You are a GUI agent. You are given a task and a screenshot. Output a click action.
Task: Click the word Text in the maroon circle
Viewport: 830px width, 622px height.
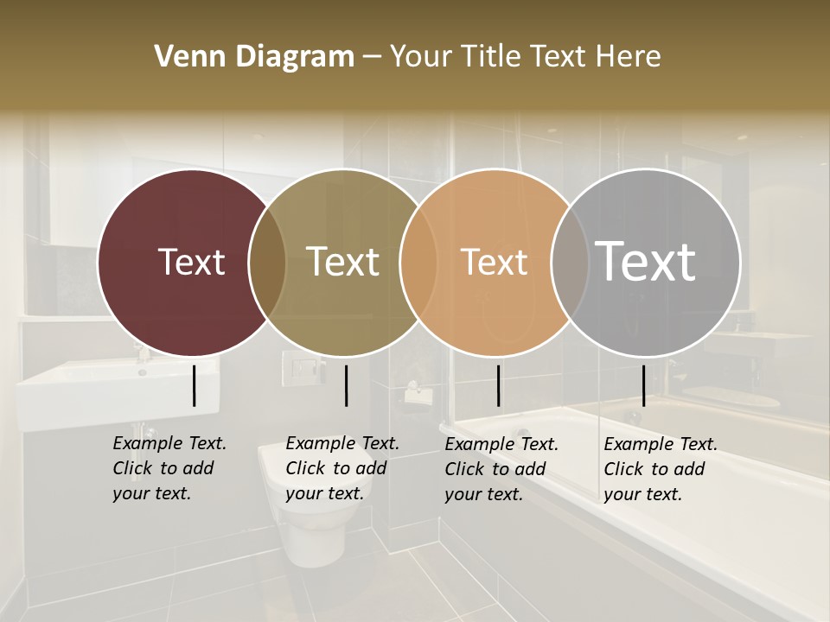click(x=191, y=262)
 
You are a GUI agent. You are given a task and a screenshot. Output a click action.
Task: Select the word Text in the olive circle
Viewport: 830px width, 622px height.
click(x=343, y=262)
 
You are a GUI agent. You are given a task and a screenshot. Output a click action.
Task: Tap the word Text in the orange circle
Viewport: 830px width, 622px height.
click(x=494, y=262)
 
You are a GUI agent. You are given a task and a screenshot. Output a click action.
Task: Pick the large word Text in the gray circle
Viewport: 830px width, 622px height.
click(x=646, y=261)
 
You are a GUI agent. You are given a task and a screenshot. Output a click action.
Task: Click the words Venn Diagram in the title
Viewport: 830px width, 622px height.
click(x=254, y=56)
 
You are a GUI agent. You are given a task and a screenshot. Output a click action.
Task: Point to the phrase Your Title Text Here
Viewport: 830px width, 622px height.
click(x=525, y=56)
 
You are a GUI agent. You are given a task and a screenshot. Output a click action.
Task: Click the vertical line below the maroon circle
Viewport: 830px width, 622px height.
click(x=195, y=385)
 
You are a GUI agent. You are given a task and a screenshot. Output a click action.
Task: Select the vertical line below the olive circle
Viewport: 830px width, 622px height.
click(x=346, y=385)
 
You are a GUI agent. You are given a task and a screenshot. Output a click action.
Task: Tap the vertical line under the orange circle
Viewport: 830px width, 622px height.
click(x=498, y=385)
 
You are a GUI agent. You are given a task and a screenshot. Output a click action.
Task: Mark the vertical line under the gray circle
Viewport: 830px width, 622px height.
click(x=643, y=385)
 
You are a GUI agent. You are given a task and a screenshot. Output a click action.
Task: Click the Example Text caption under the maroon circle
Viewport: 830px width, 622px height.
click(x=169, y=468)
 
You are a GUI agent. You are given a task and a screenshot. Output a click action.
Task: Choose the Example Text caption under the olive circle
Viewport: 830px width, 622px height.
click(x=342, y=468)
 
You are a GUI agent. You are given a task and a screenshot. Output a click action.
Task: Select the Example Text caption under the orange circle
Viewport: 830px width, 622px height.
click(x=501, y=469)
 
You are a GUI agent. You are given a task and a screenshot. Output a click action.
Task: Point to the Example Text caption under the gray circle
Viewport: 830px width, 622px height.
click(x=661, y=469)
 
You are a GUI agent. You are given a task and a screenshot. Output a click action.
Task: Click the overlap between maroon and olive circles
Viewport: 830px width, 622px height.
click(x=267, y=262)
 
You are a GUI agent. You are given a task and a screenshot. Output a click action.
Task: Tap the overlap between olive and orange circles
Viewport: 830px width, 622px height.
click(x=418, y=262)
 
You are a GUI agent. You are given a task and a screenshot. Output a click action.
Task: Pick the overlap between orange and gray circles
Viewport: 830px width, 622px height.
click(x=569, y=262)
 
